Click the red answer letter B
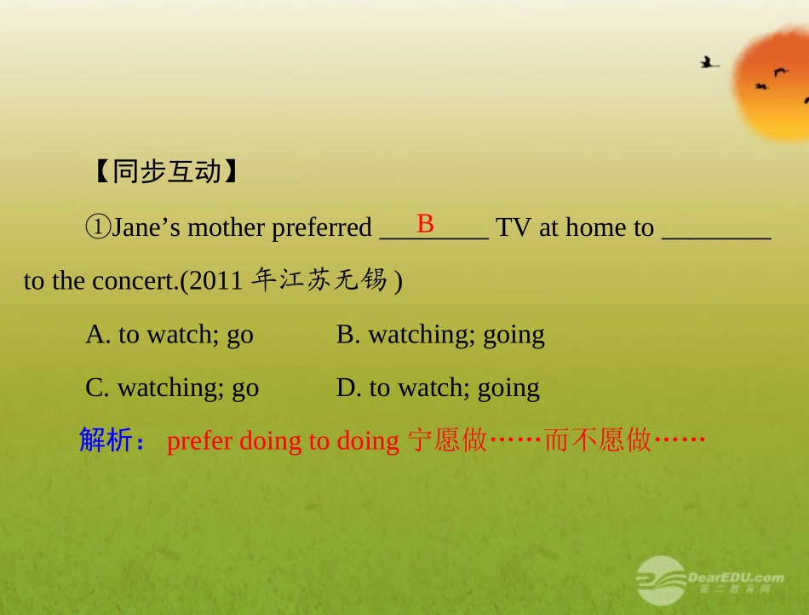(426, 224)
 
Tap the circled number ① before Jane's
(98, 227)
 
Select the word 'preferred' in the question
(322, 228)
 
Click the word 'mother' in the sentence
(226, 228)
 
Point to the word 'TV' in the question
(514, 227)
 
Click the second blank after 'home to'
(716, 230)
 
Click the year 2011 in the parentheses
(215, 281)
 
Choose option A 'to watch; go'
(169, 334)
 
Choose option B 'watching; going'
(440, 334)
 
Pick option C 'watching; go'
(172, 388)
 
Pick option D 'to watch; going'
(438, 388)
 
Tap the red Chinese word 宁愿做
(448, 440)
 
